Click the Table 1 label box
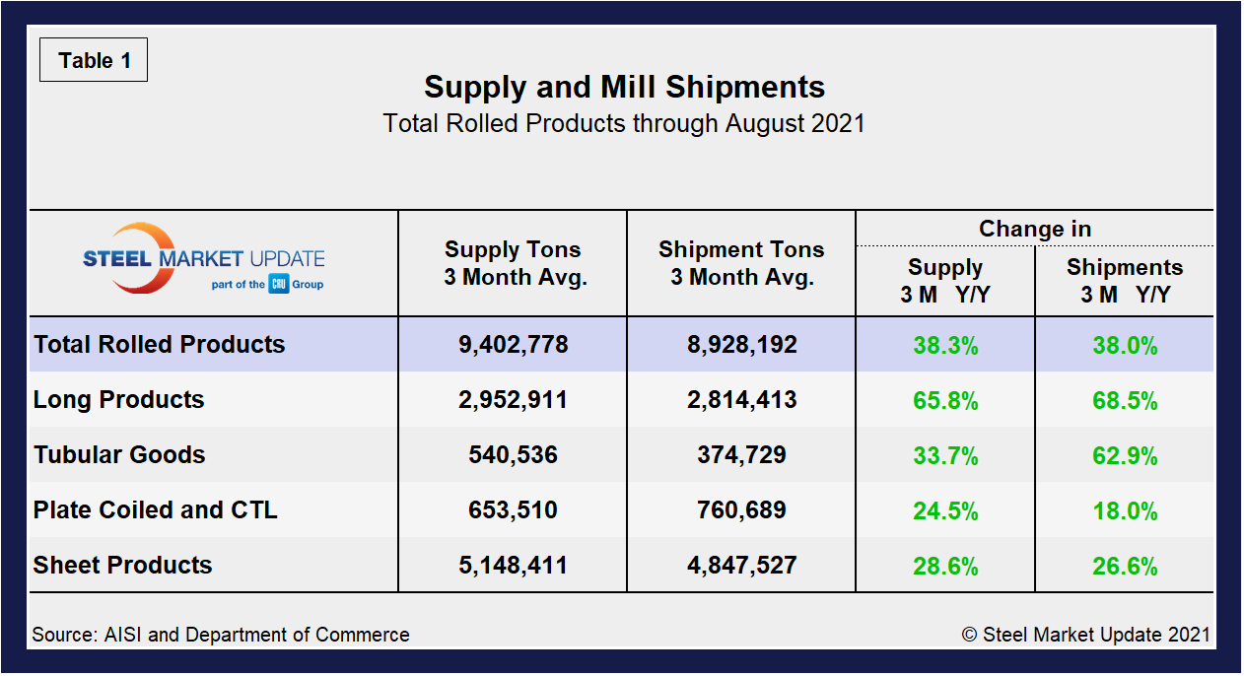[x=94, y=61]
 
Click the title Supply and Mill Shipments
[x=624, y=87]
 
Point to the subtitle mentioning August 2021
[x=623, y=124]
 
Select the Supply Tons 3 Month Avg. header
[x=513, y=263]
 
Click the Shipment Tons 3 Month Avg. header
[x=741, y=263]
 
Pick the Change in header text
[x=1034, y=229]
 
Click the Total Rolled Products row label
[x=160, y=345]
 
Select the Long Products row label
[x=119, y=400]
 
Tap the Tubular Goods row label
[x=119, y=455]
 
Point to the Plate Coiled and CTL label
[x=156, y=510]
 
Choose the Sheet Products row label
[x=123, y=566]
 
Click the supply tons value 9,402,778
[x=513, y=345]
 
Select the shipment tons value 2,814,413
[x=741, y=400]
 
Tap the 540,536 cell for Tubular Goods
[x=513, y=455]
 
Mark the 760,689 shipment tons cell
[x=741, y=510]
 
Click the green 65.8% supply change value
[x=945, y=401]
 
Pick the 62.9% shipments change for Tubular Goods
[x=1125, y=456]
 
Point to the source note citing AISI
[x=221, y=635]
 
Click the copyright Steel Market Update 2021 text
[x=1085, y=635]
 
